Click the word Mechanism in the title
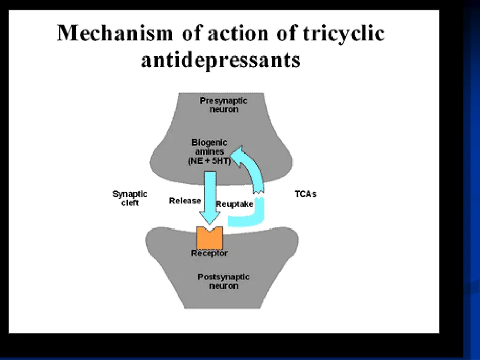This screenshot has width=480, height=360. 115,33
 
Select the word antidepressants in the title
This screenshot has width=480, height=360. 221,60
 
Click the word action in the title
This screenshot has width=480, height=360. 238,33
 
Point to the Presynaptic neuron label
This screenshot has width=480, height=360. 224,105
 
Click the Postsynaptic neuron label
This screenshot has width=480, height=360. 224,281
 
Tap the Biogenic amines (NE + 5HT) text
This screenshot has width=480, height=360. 210,151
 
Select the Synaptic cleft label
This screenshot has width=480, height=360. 130,198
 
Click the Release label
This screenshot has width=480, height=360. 185,201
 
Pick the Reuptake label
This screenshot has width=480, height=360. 234,204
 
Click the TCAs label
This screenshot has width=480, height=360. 306,194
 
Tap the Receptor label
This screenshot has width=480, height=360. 210,253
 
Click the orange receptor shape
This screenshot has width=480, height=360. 210,238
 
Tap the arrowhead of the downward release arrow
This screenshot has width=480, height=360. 210,218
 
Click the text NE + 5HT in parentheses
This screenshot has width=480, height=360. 210,161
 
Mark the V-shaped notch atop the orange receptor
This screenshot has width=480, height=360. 210,230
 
